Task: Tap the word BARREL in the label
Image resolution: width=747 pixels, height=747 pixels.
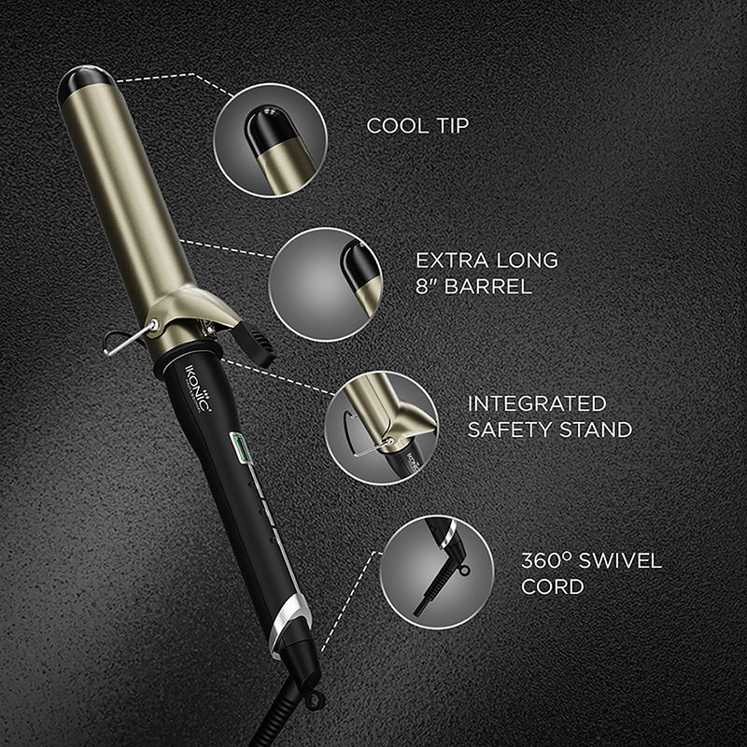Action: (x=492, y=287)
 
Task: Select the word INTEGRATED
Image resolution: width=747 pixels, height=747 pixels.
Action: (x=536, y=403)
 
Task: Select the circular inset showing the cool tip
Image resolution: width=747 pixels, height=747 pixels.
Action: (x=270, y=139)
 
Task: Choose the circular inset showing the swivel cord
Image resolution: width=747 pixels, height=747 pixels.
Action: (x=436, y=569)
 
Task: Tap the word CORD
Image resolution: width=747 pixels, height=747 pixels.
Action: (x=552, y=587)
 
